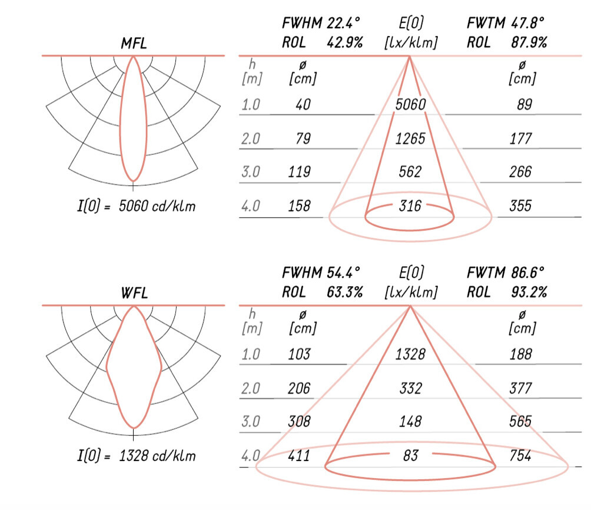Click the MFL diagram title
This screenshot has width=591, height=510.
[x=134, y=43]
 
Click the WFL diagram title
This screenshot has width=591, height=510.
[x=134, y=293]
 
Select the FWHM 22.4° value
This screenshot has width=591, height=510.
[x=321, y=23]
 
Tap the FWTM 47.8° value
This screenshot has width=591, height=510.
[x=506, y=23]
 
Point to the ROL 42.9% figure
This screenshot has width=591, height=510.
[x=322, y=42]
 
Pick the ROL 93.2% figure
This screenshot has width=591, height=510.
[x=507, y=292]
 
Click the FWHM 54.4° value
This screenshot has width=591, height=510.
[x=321, y=272]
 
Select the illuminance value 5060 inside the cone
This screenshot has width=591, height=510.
[x=410, y=104]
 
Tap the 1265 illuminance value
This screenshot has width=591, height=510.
[x=410, y=139]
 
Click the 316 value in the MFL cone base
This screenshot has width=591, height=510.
[x=410, y=206]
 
